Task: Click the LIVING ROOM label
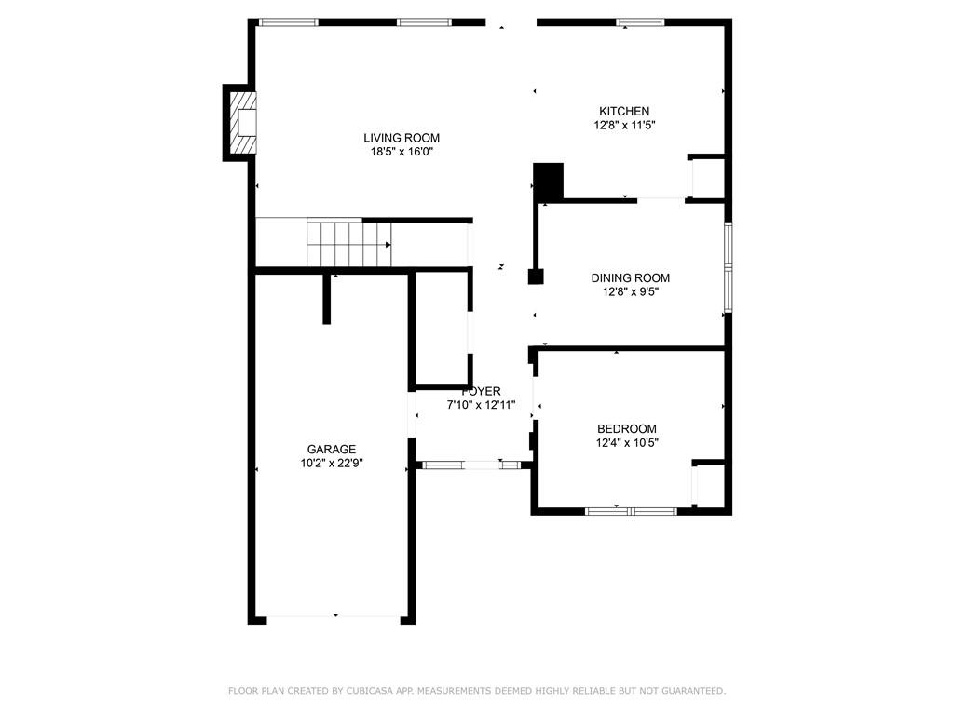pos(402,138)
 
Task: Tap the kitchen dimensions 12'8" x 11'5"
pos(624,126)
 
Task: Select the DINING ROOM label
pos(631,277)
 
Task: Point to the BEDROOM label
pos(627,428)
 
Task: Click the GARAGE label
pos(332,450)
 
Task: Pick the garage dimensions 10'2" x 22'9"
pos(332,464)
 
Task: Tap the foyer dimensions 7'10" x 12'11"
pos(482,405)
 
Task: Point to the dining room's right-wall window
pos(728,267)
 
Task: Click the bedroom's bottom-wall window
pos(631,511)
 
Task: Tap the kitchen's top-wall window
pos(640,22)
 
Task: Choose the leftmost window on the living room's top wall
pos(289,22)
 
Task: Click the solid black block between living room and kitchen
pos(548,182)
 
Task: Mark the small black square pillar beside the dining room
pos(536,277)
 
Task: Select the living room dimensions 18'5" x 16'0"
pos(402,152)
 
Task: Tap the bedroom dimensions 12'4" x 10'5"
pos(627,442)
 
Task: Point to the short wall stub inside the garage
pos(327,299)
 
